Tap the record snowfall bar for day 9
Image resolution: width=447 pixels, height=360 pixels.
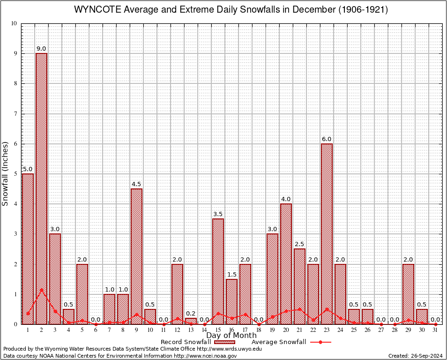(136, 256)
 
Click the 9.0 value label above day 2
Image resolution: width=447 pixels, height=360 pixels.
(41, 49)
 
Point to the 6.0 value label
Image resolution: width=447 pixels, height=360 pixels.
(327, 139)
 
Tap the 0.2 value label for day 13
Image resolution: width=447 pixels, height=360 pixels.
(191, 314)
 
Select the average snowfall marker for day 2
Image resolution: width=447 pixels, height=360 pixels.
(41, 290)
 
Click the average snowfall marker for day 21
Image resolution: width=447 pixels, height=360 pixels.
(299, 309)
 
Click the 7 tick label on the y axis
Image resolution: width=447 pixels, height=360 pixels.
(15, 114)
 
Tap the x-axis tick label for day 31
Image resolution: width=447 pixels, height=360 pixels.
(435, 330)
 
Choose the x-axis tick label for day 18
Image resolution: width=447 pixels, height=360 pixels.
(259, 330)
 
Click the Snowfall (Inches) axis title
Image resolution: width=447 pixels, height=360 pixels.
(6, 173)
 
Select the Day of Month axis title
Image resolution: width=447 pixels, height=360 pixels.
(231, 335)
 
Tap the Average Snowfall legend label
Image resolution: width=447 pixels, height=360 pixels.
(278, 342)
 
